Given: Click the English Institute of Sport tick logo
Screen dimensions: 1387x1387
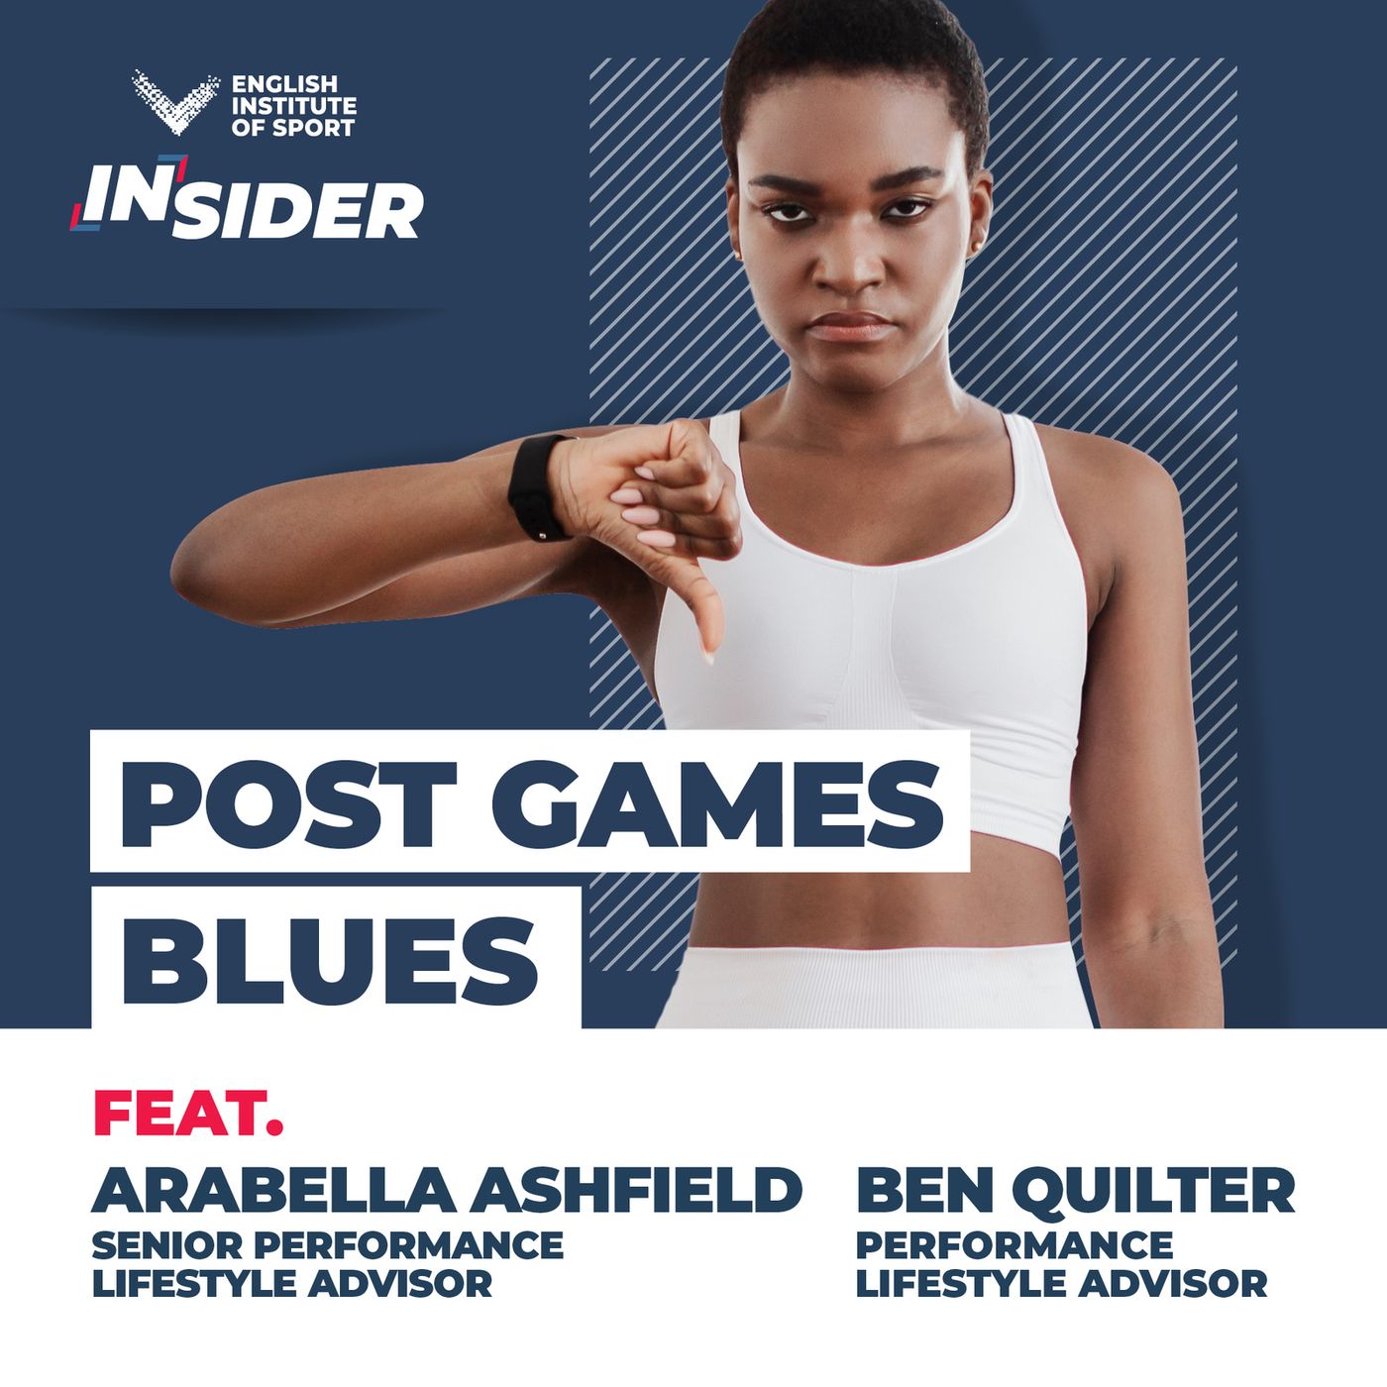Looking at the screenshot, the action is click(174, 102).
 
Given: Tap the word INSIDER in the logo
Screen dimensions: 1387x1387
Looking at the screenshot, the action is click(248, 200).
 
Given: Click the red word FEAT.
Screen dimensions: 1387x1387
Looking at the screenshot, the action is click(188, 1114).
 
